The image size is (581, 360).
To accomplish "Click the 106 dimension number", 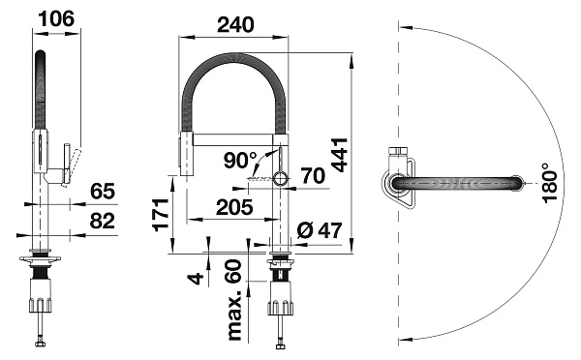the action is (x=56, y=18).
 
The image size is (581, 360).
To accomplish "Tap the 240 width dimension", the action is (x=235, y=24).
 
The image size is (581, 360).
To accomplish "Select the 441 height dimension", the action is (x=340, y=155).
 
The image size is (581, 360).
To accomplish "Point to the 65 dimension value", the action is (x=103, y=191).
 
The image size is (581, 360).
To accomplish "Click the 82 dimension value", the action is (x=103, y=221).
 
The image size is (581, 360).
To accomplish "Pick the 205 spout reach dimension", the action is (x=234, y=207).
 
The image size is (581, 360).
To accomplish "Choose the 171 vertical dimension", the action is (x=161, y=215).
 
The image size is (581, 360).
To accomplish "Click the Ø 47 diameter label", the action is (x=319, y=230).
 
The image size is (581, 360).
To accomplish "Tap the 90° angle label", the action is (x=240, y=160).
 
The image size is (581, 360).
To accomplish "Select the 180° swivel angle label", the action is (x=549, y=183).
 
